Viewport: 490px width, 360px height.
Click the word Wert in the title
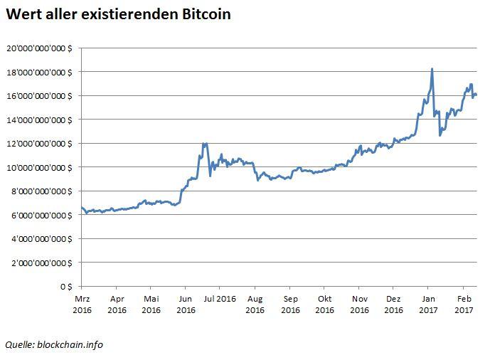[23, 14]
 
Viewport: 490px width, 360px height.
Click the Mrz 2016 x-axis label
[82, 305]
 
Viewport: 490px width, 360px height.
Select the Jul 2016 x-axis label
[220, 299]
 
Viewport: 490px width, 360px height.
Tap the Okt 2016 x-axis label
[324, 305]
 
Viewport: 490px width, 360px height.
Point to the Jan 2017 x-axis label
[429, 305]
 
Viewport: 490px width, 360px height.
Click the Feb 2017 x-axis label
[464, 305]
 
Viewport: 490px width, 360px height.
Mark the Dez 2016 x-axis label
[393, 305]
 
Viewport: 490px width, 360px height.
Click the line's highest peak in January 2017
[432, 69]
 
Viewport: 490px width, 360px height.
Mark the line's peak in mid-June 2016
[205, 144]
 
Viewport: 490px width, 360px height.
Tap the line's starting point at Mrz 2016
[82, 207]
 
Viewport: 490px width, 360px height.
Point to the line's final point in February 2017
[475, 95]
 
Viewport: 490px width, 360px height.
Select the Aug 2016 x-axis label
[255, 305]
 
